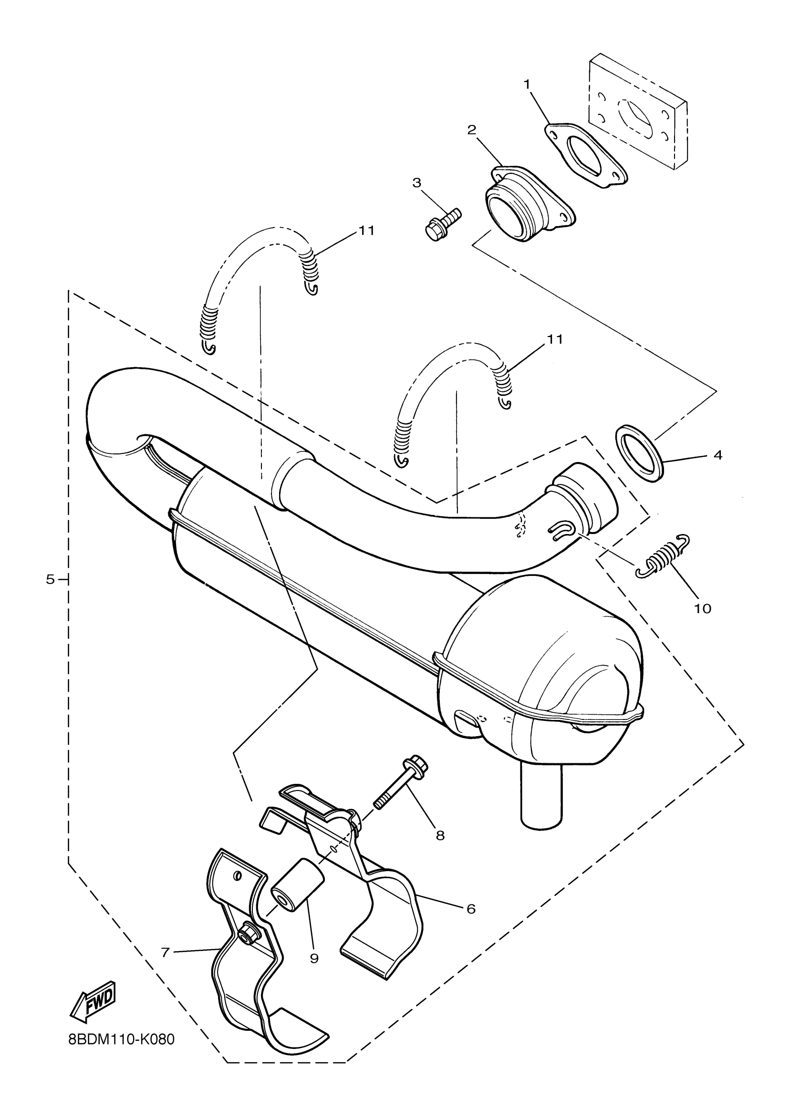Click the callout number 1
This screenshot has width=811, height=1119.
point(527,85)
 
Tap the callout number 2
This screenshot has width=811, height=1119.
point(471,130)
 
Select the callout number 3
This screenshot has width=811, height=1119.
point(417,183)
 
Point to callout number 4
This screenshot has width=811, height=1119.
point(717,455)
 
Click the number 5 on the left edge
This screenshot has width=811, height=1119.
point(51,580)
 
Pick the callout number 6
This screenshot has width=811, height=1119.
point(470,908)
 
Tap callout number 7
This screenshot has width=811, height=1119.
point(166,952)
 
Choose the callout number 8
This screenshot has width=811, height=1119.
point(440,835)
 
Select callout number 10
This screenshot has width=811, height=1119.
point(702,609)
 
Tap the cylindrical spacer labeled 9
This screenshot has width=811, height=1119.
point(298,891)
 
